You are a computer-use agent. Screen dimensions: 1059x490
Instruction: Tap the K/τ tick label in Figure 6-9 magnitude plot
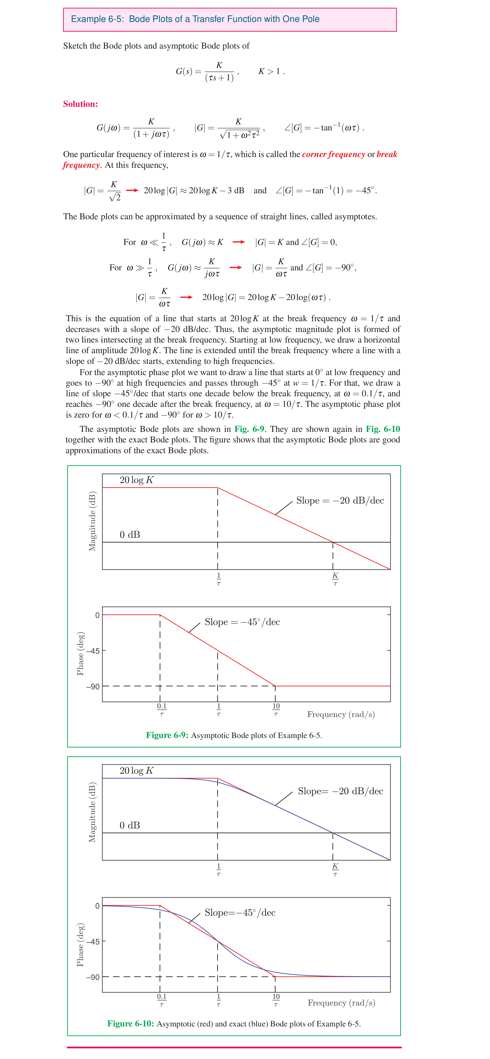click(335, 579)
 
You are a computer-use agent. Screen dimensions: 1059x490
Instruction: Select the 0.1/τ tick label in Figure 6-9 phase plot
click(162, 710)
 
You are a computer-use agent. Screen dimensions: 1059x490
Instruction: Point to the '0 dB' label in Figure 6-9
click(130, 534)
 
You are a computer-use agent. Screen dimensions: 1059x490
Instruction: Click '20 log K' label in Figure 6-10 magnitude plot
click(136, 770)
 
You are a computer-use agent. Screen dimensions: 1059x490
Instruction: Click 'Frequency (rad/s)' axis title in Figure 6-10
click(341, 1003)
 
